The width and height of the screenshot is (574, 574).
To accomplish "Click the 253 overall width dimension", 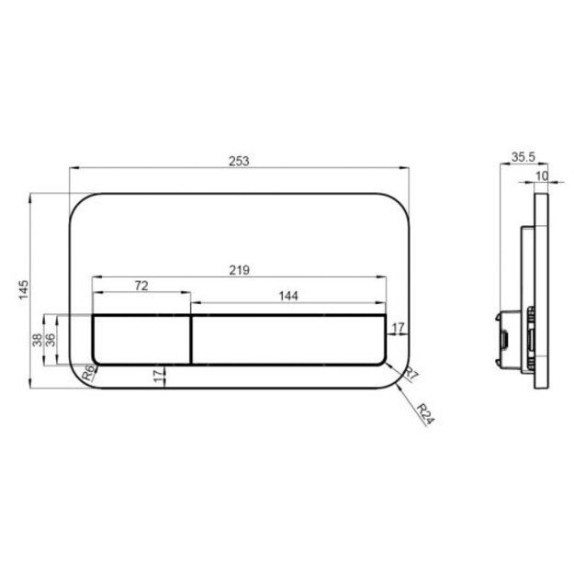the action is click(x=239, y=161).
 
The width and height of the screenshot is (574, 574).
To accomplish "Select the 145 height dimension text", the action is click(x=24, y=290).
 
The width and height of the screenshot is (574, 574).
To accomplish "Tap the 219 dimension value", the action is click(x=240, y=270).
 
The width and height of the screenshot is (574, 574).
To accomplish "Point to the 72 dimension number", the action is click(x=141, y=286).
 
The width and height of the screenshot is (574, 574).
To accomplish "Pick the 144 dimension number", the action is click(x=288, y=296).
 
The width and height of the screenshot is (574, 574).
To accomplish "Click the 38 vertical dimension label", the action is click(x=38, y=340).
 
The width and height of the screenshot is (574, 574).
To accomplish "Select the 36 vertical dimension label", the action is click(x=51, y=340).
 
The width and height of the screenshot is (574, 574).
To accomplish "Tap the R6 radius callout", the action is click(x=88, y=373).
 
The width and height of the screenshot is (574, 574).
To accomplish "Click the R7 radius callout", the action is click(x=411, y=374).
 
